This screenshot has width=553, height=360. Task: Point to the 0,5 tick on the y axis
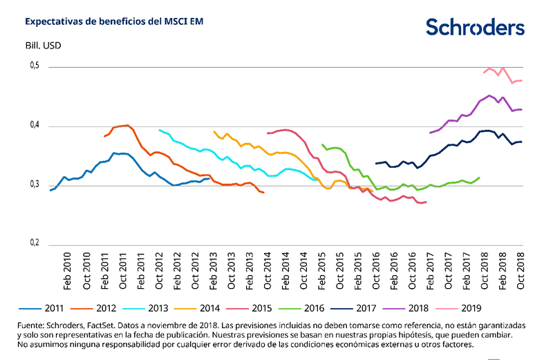pyautogui.click(x=34, y=66)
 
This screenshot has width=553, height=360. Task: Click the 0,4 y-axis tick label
pyautogui.click(x=34, y=126)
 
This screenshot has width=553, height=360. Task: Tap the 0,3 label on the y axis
pyautogui.click(x=34, y=185)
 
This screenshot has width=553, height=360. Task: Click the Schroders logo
pyautogui.click(x=474, y=27)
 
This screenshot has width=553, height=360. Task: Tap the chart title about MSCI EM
pyautogui.click(x=114, y=21)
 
